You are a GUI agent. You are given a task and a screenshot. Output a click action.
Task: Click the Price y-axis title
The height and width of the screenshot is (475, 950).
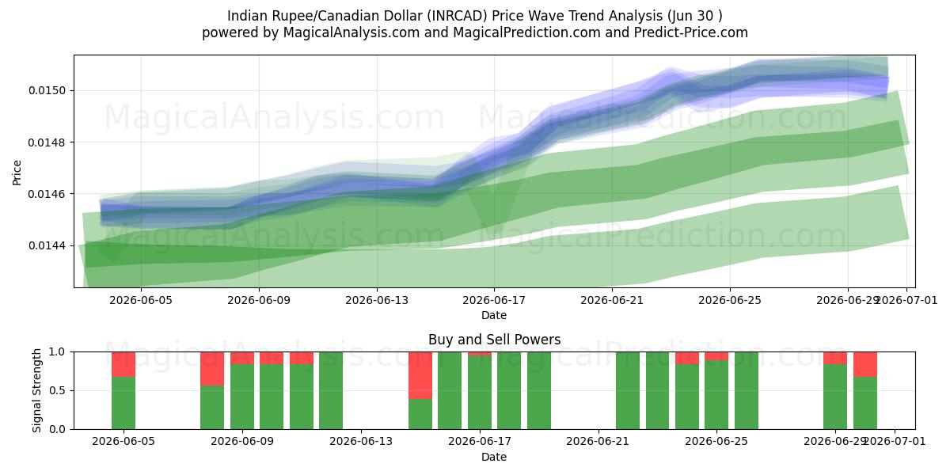coord(17,173)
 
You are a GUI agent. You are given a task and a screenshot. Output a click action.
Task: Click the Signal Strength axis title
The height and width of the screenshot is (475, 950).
coord(37,390)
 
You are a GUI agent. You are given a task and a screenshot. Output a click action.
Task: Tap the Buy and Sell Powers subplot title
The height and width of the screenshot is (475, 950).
coord(494,340)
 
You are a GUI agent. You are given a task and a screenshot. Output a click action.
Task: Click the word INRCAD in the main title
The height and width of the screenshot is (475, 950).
coord(459,16)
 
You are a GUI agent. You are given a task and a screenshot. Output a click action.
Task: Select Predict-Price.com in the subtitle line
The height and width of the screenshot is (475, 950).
coord(691,32)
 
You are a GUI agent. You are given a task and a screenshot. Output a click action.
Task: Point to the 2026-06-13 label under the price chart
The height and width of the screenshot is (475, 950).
coord(377,301)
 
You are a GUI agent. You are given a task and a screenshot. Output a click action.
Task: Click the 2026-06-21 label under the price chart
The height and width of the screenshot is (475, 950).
coord(612,301)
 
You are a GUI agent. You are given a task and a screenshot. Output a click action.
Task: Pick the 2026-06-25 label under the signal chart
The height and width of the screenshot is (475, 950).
coord(716,442)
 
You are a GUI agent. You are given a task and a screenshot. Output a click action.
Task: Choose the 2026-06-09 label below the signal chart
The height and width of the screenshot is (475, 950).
coord(242,442)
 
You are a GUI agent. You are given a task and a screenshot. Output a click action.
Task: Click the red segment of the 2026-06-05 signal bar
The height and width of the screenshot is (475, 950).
coord(123,364)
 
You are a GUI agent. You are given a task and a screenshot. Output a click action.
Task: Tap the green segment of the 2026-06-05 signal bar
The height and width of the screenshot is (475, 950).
coord(123,403)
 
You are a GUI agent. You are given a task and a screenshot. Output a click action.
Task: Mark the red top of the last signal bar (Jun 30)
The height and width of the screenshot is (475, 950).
coord(865,364)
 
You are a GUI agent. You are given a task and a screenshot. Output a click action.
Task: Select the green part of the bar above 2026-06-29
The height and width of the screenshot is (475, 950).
coord(835,397)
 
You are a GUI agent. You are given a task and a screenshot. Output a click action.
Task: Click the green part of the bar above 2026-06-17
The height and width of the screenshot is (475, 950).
coord(480,393)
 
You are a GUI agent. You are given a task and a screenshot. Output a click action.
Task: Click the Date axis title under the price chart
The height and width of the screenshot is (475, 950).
coord(494,315)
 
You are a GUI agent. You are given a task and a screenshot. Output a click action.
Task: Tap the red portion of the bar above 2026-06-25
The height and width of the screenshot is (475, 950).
coord(716,356)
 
